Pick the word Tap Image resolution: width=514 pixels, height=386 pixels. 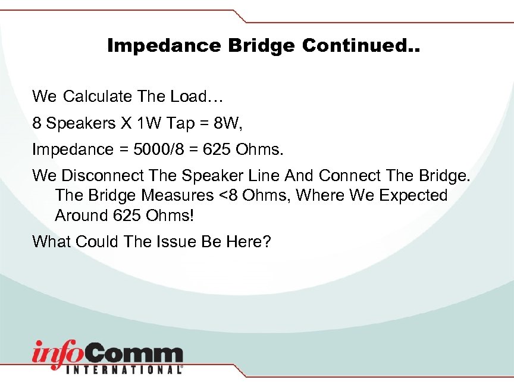click(x=181, y=124)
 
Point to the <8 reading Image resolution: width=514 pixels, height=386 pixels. click(x=222, y=195)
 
